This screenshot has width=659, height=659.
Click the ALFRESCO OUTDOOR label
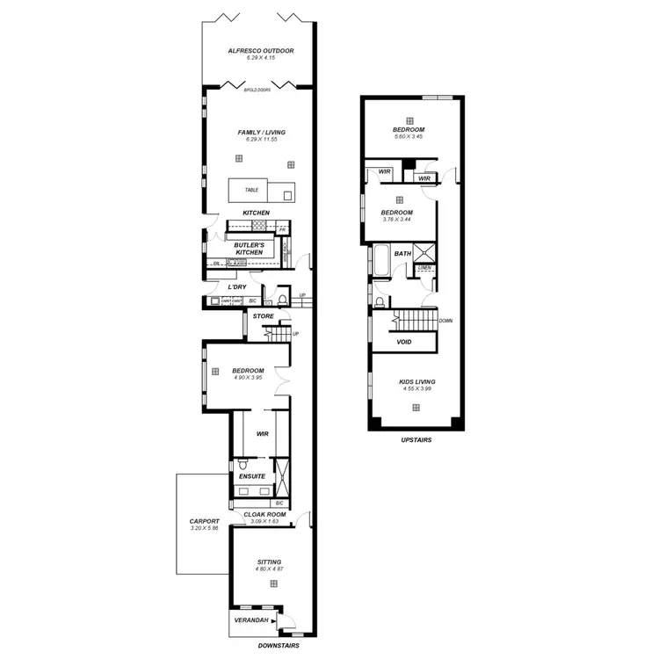point(260,51)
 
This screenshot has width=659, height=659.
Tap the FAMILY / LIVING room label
point(261,133)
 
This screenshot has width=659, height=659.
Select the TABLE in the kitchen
point(251,190)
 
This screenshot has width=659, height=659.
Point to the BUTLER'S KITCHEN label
point(249,249)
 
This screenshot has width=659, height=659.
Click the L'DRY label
point(236,287)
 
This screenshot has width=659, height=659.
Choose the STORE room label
point(263,315)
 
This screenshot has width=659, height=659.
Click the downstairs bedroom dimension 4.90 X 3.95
point(247,379)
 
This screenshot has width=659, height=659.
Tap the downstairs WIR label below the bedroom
point(262,433)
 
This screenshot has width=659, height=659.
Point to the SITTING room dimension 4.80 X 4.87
point(270,569)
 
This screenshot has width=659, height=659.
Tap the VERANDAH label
point(250,621)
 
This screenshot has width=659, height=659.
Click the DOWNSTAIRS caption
point(279,646)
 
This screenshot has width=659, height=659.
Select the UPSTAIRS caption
point(414,440)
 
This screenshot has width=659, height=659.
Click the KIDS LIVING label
point(416,381)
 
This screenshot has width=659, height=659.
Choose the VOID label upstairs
point(404,342)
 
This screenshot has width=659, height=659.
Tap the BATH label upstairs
point(402,254)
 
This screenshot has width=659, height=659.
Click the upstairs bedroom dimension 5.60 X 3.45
point(409,138)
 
